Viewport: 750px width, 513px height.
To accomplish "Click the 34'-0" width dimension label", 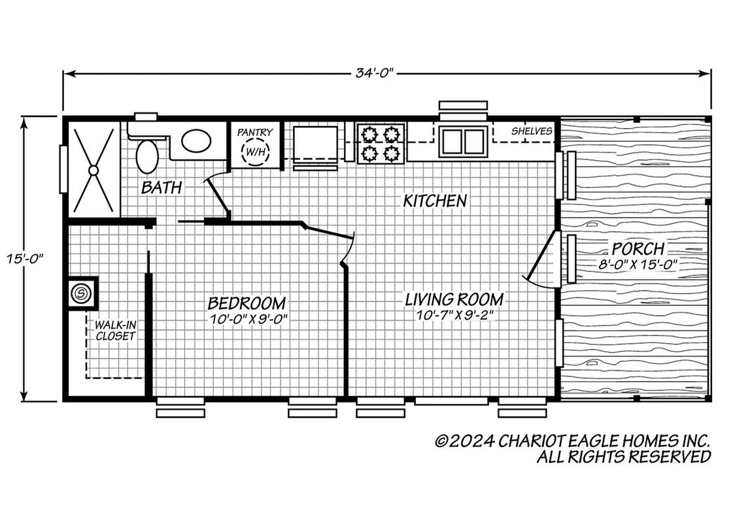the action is tap(374, 73).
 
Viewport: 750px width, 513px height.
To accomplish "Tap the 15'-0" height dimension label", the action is tap(24, 259).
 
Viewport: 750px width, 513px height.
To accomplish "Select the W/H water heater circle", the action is tap(256, 152).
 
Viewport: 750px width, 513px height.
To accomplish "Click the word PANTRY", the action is tap(255, 132).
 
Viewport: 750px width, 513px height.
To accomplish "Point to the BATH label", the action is tap(162, 188).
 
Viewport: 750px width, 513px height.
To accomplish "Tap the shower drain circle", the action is tap(94, 170).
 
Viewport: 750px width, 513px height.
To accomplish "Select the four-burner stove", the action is tap(381, 143).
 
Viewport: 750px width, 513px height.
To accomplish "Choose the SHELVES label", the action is tap(532, 131).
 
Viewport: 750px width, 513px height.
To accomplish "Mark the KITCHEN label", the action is tap(435, 201).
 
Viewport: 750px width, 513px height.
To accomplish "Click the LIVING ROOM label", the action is tap(454, 300).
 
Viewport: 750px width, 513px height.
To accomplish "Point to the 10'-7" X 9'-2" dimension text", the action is tap(454, 316).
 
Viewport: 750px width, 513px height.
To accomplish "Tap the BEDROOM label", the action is tap(247, 303).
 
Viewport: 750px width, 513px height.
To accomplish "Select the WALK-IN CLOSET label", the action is tap(115, 331).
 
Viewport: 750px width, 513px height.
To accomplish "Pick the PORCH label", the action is tap(638, 249).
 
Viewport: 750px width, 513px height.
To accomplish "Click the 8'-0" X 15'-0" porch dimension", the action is tap(638, 265).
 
